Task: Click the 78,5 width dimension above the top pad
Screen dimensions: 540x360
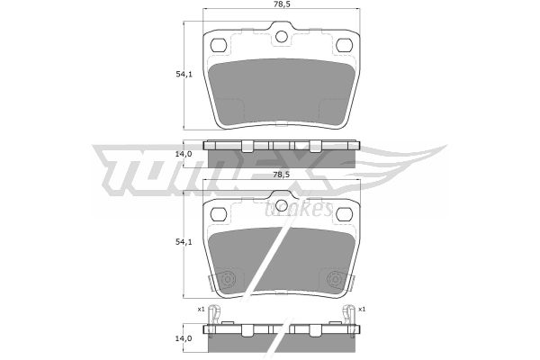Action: [x=281, y=4]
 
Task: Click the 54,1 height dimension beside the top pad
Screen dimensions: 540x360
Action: [x=184, y=74]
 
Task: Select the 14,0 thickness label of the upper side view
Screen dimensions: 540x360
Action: [x=184, y=154]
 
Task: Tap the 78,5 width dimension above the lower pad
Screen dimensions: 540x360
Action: [x=281, y=175]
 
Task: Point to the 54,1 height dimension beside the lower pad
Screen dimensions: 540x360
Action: [x=184, y=242]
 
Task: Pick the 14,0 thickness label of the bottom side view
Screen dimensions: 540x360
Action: [x=184, y=338]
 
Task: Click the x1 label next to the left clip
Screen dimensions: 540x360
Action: [x=201, y=310]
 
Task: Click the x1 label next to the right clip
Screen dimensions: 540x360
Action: [x=362, y=310]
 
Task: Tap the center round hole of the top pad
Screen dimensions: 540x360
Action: [x=282, y=37]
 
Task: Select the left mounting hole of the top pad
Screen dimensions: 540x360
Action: [x=219, y=45]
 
